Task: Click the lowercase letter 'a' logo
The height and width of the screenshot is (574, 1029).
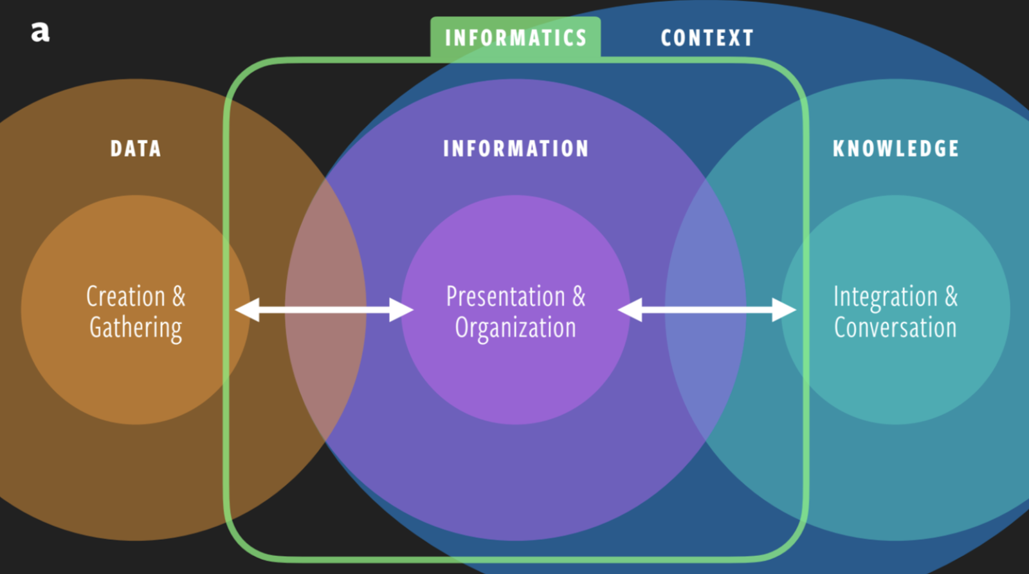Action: click(40, 32)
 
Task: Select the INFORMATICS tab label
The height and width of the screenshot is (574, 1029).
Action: click(516, 38)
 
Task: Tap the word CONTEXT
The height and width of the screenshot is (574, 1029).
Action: click(707, 38)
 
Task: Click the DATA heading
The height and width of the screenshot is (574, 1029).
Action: click(136, 149)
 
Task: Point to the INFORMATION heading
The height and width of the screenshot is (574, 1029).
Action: click(516, 149)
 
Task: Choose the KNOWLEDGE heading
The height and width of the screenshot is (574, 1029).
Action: click(896, 149)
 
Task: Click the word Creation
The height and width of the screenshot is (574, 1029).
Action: click(126, 297)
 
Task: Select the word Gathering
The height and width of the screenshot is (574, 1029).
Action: click(136, 328)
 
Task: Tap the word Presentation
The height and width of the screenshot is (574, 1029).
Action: click(505, 297)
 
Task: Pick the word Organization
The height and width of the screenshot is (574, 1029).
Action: click(516, 328)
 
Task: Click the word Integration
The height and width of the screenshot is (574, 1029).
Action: click(886, 297)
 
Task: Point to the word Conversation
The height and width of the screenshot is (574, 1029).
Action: click(895, 328)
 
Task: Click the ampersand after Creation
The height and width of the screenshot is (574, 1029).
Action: click(179, 297)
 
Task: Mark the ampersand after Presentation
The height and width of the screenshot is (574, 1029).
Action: click(579, 297)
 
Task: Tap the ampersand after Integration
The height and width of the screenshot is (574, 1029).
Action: click(952, 297)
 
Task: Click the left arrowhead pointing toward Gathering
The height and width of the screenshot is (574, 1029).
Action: click(247, 310)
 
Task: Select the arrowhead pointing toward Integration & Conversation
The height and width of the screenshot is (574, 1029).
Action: click(784, 310)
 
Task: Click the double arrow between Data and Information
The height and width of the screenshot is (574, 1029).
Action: click(324, 310)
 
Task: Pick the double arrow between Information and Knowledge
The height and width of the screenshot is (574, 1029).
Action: click(707, 310)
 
